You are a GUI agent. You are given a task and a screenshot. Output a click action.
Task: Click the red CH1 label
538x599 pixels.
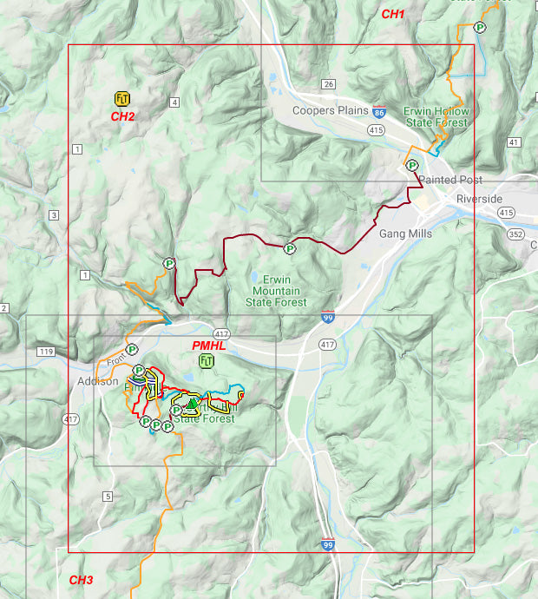tap(393, 14)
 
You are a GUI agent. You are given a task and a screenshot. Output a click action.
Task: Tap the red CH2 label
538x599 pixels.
tap(122, 115)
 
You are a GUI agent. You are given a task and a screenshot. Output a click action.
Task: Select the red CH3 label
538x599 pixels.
tap(81, 580)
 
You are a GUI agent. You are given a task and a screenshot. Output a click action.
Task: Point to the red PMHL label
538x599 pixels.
tap(208, 346)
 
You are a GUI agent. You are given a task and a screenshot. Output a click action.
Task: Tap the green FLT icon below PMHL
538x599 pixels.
tap(207, 360)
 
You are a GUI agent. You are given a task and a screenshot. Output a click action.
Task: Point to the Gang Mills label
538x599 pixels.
tap(405, 234)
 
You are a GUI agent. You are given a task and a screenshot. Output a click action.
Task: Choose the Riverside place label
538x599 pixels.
tap(480, 199)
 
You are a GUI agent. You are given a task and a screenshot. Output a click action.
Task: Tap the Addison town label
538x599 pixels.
tap(96, 381)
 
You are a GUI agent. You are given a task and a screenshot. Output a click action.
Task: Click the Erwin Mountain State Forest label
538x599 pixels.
tap(279, 291)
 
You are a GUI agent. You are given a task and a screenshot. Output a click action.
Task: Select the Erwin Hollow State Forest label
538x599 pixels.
tap(436, 117)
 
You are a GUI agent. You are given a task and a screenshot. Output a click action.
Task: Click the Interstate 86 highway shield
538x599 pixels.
tap(379, 113)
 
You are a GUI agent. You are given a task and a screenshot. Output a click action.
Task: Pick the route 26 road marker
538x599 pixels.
tap(328, 84)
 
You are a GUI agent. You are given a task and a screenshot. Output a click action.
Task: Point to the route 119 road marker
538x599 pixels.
tap(46, 352)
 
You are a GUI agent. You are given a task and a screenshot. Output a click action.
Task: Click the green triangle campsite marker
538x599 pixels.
tap(192, 404)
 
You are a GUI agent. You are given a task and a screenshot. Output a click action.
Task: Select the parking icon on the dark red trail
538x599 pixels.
tap(290, 249)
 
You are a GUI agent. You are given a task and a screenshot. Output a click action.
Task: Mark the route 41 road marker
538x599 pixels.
tap(514, 142)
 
